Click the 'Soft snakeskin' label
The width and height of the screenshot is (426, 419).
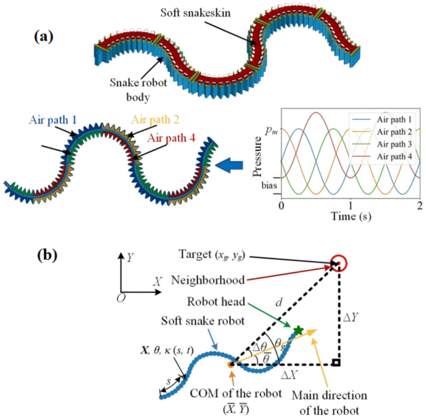tap(196, 13)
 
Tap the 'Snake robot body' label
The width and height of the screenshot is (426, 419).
tap(138, 90)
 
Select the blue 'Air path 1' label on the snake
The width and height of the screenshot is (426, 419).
tap(53, 120)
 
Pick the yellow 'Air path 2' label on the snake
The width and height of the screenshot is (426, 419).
tap(155, 120)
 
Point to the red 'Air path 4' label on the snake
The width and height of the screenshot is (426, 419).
tap(171, 138)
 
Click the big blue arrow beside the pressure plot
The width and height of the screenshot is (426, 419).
tap(229, 165)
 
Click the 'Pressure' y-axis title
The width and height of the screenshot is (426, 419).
tap(257, 157)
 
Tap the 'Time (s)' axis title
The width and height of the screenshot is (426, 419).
tap(351, 216)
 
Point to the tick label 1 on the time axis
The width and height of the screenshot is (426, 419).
tap(351, 205)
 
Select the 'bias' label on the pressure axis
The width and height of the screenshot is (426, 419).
tap(269, 186)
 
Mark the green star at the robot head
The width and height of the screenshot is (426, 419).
tap(298, 330)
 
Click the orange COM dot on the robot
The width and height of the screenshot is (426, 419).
tap(231, 365)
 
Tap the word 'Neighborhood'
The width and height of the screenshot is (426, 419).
tap(208, 280)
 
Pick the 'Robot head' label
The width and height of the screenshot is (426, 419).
tap(216, 302)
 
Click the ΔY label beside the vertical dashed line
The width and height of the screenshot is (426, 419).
tap(351, 317)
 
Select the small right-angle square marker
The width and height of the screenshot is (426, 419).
tap(336, 363)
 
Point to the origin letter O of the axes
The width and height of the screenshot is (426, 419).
tap(121, 298)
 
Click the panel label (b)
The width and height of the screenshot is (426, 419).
tap(47, 256)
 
